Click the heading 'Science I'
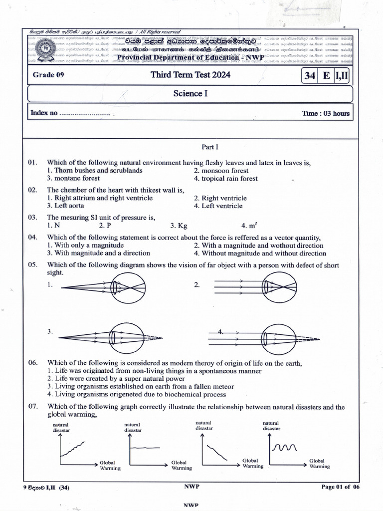[x=188, y=93]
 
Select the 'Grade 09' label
[x=48, y=76]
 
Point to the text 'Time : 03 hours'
[x=326, y=113]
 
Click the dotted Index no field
[x=84, y=114]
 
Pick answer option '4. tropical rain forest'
[x=226, y=178]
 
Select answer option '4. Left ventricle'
[x=218, y=206]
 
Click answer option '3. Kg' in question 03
[x=179, y=226]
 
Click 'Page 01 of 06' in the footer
[x=340, y=487]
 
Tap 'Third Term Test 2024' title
[x=191, y=75]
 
